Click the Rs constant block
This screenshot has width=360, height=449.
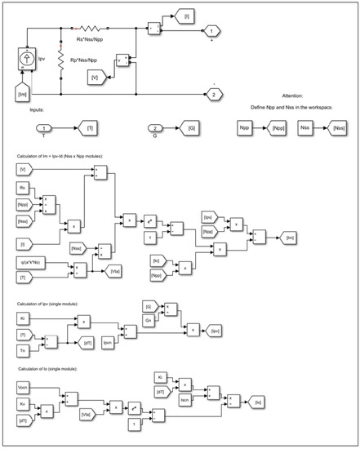[x=25, y=188]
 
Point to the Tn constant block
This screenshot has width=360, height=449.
[x=25, y=350]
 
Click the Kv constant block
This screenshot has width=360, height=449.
[x=25, y=403]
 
